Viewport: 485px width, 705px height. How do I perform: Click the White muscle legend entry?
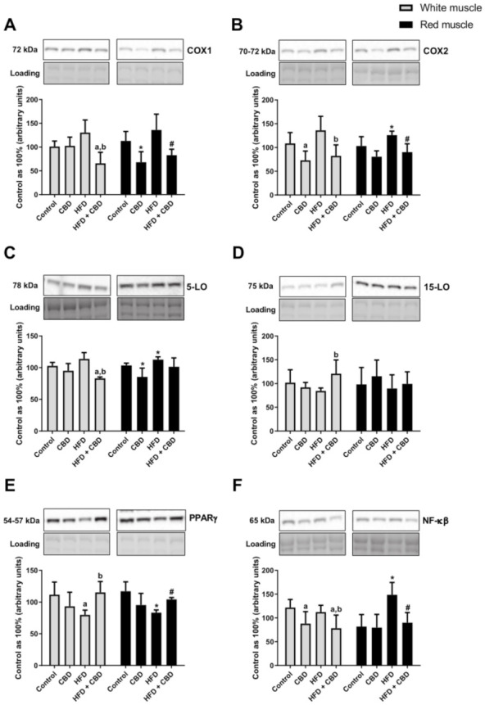tap(431, 7)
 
